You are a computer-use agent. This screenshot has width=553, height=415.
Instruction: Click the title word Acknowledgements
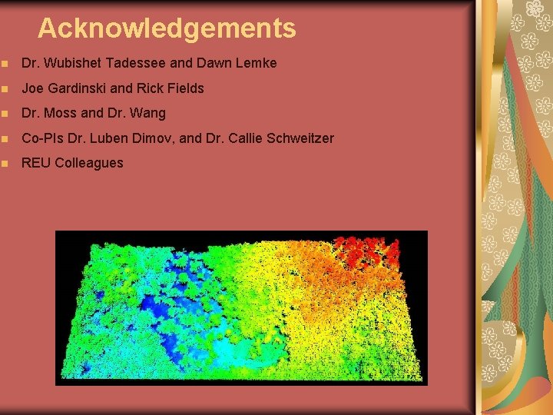click(x=167, y=28)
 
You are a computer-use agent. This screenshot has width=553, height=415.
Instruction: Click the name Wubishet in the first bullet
click(x=71, y=63)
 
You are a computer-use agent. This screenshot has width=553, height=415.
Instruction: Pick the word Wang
click(x=147, y=114)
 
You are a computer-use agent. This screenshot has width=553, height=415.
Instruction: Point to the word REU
click(x=35, y=163)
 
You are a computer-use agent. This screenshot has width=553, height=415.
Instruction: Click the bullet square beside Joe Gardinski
click(x=7, y=88)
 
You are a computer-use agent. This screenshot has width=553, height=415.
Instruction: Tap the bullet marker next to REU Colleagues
click(x=7, y=164)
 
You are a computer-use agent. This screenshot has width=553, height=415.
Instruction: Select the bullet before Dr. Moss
click(x=7, y=114)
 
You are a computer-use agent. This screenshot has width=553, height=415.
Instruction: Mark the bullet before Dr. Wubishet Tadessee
click(x=7, y=63)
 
